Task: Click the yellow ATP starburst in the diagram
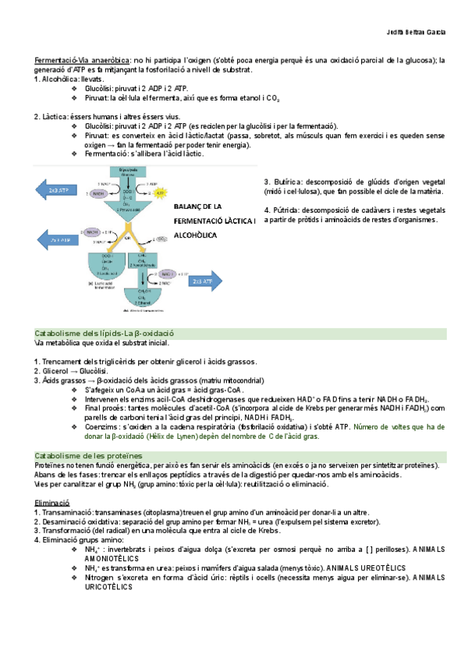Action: (x=159, y=192)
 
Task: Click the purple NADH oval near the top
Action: (x=99, y=193)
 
